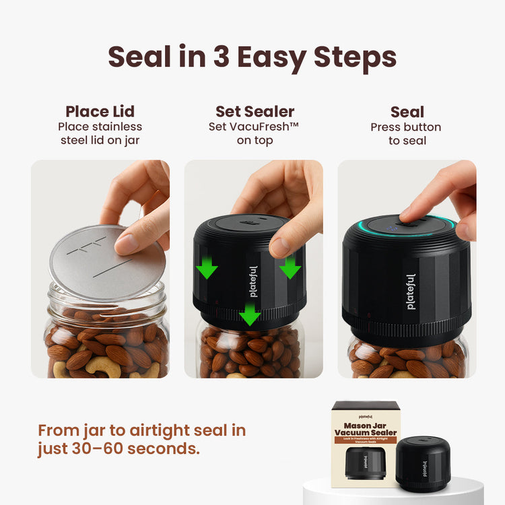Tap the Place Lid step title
tap(100, 112)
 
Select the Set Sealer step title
tap(255, 112)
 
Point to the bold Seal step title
tap(407, 112)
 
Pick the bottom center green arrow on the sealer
tap(250, 312)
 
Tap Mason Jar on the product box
tap(366, 425)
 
